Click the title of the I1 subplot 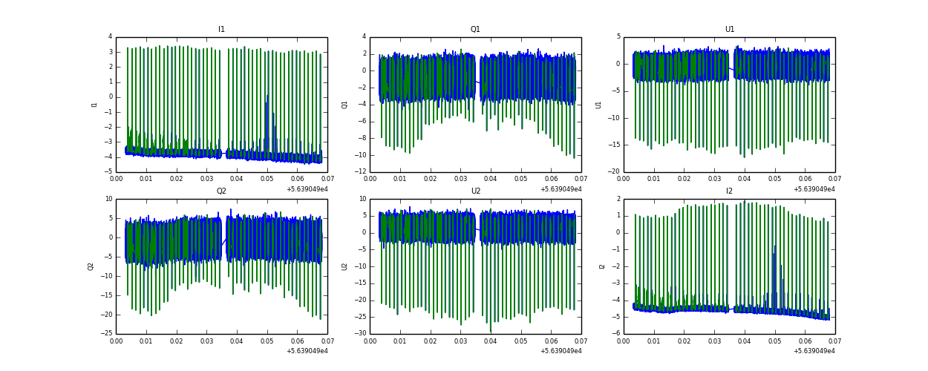221,30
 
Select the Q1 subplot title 475,30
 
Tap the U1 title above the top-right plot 729,30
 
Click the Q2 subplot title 221,191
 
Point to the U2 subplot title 475,191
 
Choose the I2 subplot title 729,191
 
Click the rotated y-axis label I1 94,105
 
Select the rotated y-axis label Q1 344,105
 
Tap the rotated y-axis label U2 344,266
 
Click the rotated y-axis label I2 602,266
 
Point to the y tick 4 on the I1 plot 110,37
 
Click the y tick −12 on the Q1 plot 359,172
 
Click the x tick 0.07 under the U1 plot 834,179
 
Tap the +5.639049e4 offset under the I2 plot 814,351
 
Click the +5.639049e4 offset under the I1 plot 307,189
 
